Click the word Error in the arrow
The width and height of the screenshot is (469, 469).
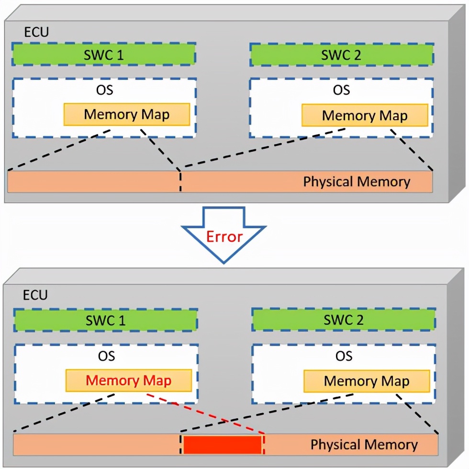[224, 236]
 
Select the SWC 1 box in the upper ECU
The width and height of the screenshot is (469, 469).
[104, 54]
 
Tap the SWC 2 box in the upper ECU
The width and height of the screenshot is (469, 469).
[342, 55]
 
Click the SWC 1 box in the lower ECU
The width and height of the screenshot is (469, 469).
[106, 320]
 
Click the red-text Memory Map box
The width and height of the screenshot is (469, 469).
[129, 380]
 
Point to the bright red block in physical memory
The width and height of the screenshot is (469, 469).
[223, 445]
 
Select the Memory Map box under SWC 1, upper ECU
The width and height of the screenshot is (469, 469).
[127, 115]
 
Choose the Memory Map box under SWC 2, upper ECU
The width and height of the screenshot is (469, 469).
[365, 115]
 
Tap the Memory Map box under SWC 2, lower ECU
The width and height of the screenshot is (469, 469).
[367, 381]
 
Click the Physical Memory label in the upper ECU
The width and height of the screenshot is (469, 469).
[357, 182]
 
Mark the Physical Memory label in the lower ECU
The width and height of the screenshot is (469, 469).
[364, 445]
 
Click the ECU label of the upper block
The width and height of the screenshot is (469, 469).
[36, 33]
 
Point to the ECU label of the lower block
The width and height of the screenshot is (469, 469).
[35, 294]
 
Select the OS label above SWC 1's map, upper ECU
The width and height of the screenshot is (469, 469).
[104, 90]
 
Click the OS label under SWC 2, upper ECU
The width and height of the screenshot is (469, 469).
[342, 90]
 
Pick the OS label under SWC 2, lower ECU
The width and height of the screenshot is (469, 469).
[344, 356]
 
